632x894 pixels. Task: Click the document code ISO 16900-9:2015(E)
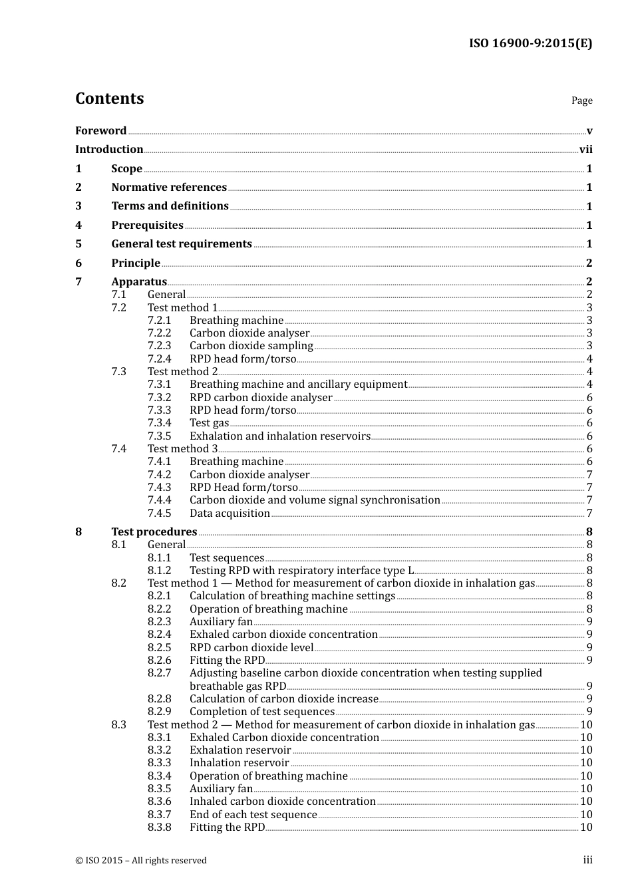pyautogui.click(x=530, y=43)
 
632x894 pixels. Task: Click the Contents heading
pyautogui.click(x=109, y=98)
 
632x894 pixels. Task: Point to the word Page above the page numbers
pyautogui.click(x=581, y=100)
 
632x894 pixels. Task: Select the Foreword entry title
pyautogui.click(x=100, y=130)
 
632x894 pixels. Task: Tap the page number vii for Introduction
pyautogui.click(x=585, y=150)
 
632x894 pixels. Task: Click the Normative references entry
pyautogui.click(x=169, y=188)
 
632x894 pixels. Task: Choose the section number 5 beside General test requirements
pyautogui.click(x=79, y=244)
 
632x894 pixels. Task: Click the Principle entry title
pyautogui.click(x=136, y=263)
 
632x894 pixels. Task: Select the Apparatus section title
pyautogui.click(x=139, y=281)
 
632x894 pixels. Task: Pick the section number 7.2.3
pyautogui.click(x=159, y=346)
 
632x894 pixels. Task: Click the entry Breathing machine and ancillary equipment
pyautogui.click(x=298, y=384)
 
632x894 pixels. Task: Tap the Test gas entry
pyautogui.click(x=209, y=423)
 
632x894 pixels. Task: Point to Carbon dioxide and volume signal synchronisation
pyautogui.click(x=315, y=500)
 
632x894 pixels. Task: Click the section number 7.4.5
pyautogui.click(x=159, y=514)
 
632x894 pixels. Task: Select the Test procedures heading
pyautogui.click(x=154, y=531)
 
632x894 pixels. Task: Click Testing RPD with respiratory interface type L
pyautogui.click(x=301, y=571)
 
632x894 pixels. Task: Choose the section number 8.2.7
pyautogui.click(x=159, y=673)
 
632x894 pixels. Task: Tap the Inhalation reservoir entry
pyautogui.click(x=239, y=763)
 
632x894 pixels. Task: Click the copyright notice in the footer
pyautogui.click(x=141, y=860)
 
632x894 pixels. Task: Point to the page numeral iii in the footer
pyautogui.click(x=587, y=860)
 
